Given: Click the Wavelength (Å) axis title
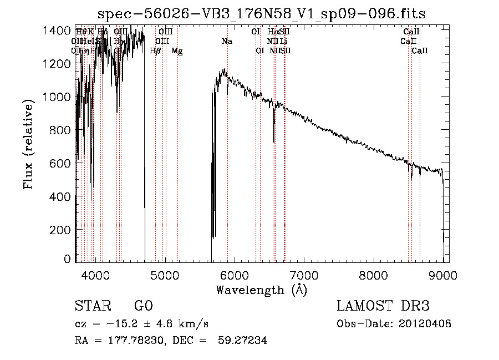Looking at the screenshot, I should (x=261, y=290).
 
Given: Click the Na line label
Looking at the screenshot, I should (x=227, y=42).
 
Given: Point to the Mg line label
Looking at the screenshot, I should (x=177, y=51).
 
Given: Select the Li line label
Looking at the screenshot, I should (x=283, y=42).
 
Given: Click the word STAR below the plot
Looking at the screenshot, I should (x=92, y=306).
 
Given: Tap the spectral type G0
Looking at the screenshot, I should (x=143, y=306).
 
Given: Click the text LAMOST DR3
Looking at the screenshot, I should (x=383, y=306).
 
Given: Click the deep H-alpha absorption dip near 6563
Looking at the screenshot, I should (x=274, y=136).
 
